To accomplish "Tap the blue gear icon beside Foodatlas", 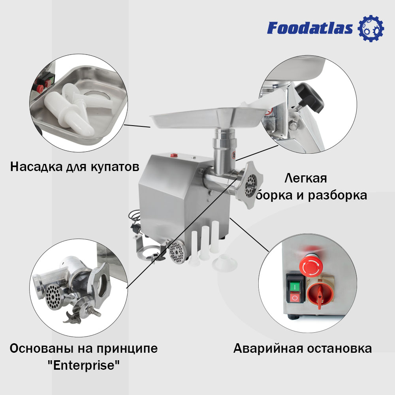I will tap(371, 28).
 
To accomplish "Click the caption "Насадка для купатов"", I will tap(75, 166).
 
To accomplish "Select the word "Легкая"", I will tap(306, 178).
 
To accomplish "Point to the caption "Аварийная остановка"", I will tap(302, 348).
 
